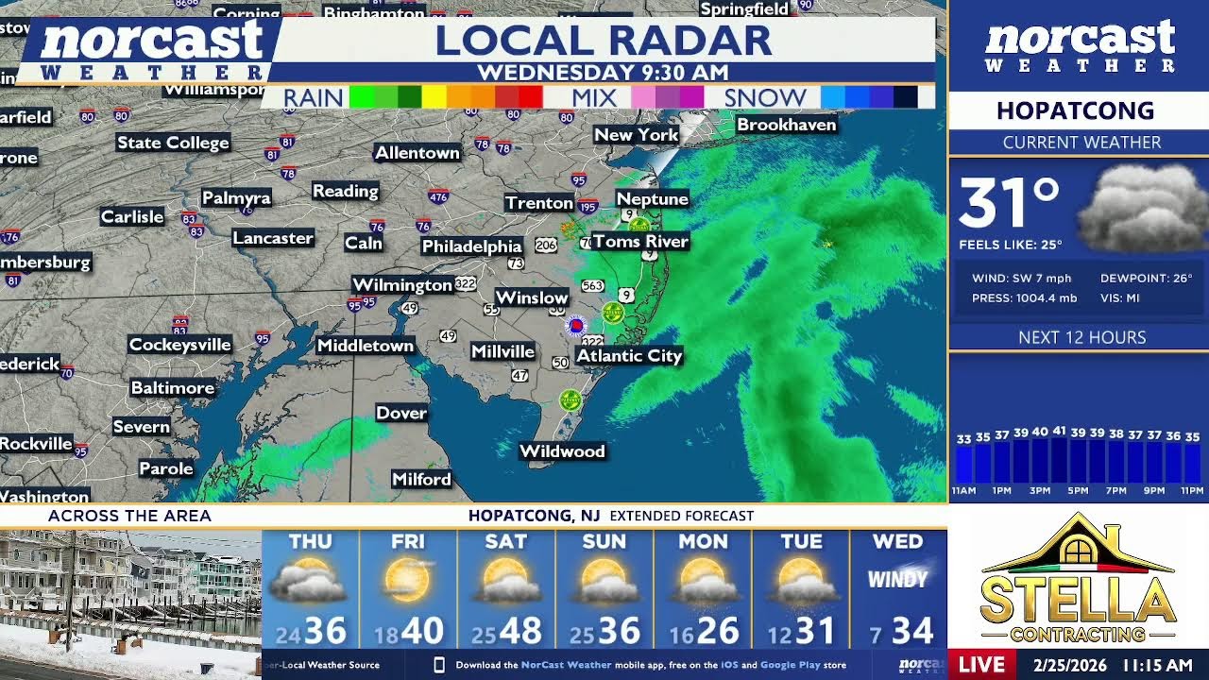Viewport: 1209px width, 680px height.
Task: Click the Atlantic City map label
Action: tap(629, 356)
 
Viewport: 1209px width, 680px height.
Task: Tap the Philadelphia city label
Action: tap(471, 246)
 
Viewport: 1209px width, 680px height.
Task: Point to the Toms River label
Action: tap(640, 242)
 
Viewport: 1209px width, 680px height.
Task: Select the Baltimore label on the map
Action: tap(172, 388)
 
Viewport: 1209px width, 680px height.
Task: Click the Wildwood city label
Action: tap(562, 451)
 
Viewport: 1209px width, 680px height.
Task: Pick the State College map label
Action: tap(173, 143)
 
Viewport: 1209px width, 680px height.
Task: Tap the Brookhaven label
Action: tap(786, 125)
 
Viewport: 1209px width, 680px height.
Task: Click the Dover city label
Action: tap(401, 413)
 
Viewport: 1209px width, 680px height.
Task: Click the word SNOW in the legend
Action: tap(765, 97)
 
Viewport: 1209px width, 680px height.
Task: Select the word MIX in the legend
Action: tap(594, 97)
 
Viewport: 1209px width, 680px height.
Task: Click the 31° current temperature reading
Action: tap(1008, 203)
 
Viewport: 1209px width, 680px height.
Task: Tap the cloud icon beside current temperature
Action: tap(1143, 208)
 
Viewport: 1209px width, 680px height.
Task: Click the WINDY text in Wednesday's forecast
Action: tap(896, 579)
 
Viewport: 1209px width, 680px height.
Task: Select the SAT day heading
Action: tap(505, 542)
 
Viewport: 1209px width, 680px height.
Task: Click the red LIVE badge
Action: tap(981, 665)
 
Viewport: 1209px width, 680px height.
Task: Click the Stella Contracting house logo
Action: tap(1078, 576)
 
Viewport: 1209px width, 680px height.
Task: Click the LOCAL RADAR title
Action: tap(603, 41)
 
